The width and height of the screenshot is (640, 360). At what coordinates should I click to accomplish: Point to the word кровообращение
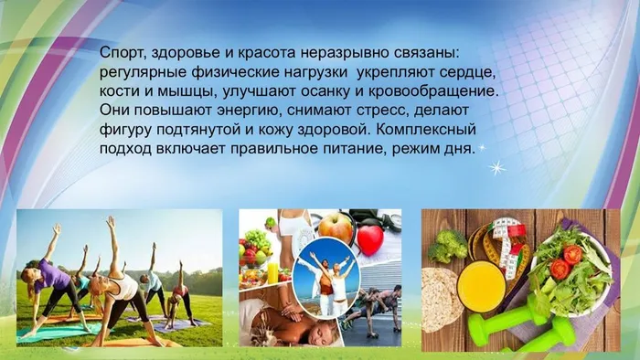coord(436,92)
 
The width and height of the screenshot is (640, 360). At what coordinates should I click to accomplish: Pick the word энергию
coord(232,111)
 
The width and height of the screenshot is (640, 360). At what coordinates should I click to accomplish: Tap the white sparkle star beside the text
coord(496,167)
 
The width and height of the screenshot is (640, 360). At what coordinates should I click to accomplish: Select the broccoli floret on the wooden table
coord(449,244)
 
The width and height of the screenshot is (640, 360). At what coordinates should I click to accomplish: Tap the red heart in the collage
coord(369,240)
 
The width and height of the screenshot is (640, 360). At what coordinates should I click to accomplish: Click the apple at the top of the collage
coord(335,227)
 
